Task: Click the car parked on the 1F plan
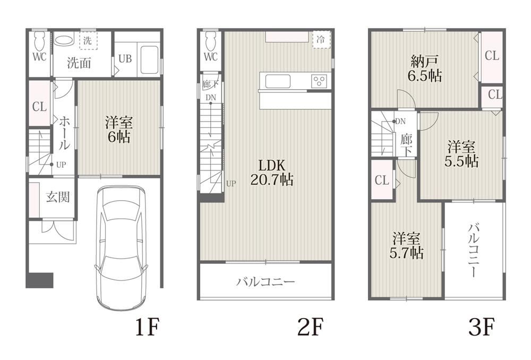(121, 246)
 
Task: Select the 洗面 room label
(79, 63)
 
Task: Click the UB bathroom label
(125, 58)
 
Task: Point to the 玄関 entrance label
(58, 197)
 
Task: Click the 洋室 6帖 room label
(118, 129)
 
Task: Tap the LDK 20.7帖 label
(272, 173)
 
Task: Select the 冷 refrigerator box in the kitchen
(321, 40)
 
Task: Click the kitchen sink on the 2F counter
(278, 81)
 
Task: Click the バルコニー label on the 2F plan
(266, 282)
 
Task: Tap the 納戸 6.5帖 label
(425, 68)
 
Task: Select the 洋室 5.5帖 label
(461, 155)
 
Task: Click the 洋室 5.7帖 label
(406, 245)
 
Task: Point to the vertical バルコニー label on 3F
(474, 250)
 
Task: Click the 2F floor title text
(311, 327)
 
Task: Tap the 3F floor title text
(482, 327)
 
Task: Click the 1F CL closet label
(40, 107)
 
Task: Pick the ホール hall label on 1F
(64, 133)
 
